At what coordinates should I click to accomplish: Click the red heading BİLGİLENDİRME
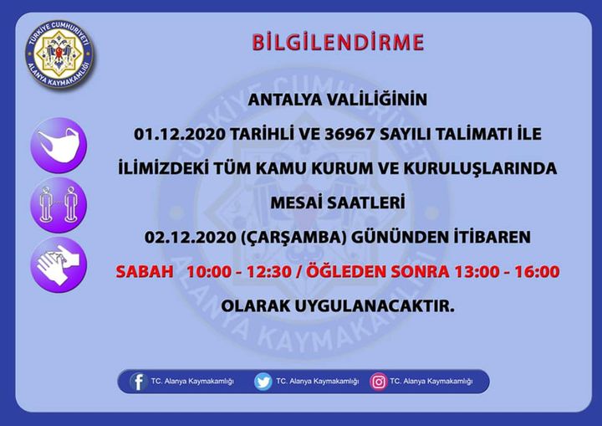tap(338, 40)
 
